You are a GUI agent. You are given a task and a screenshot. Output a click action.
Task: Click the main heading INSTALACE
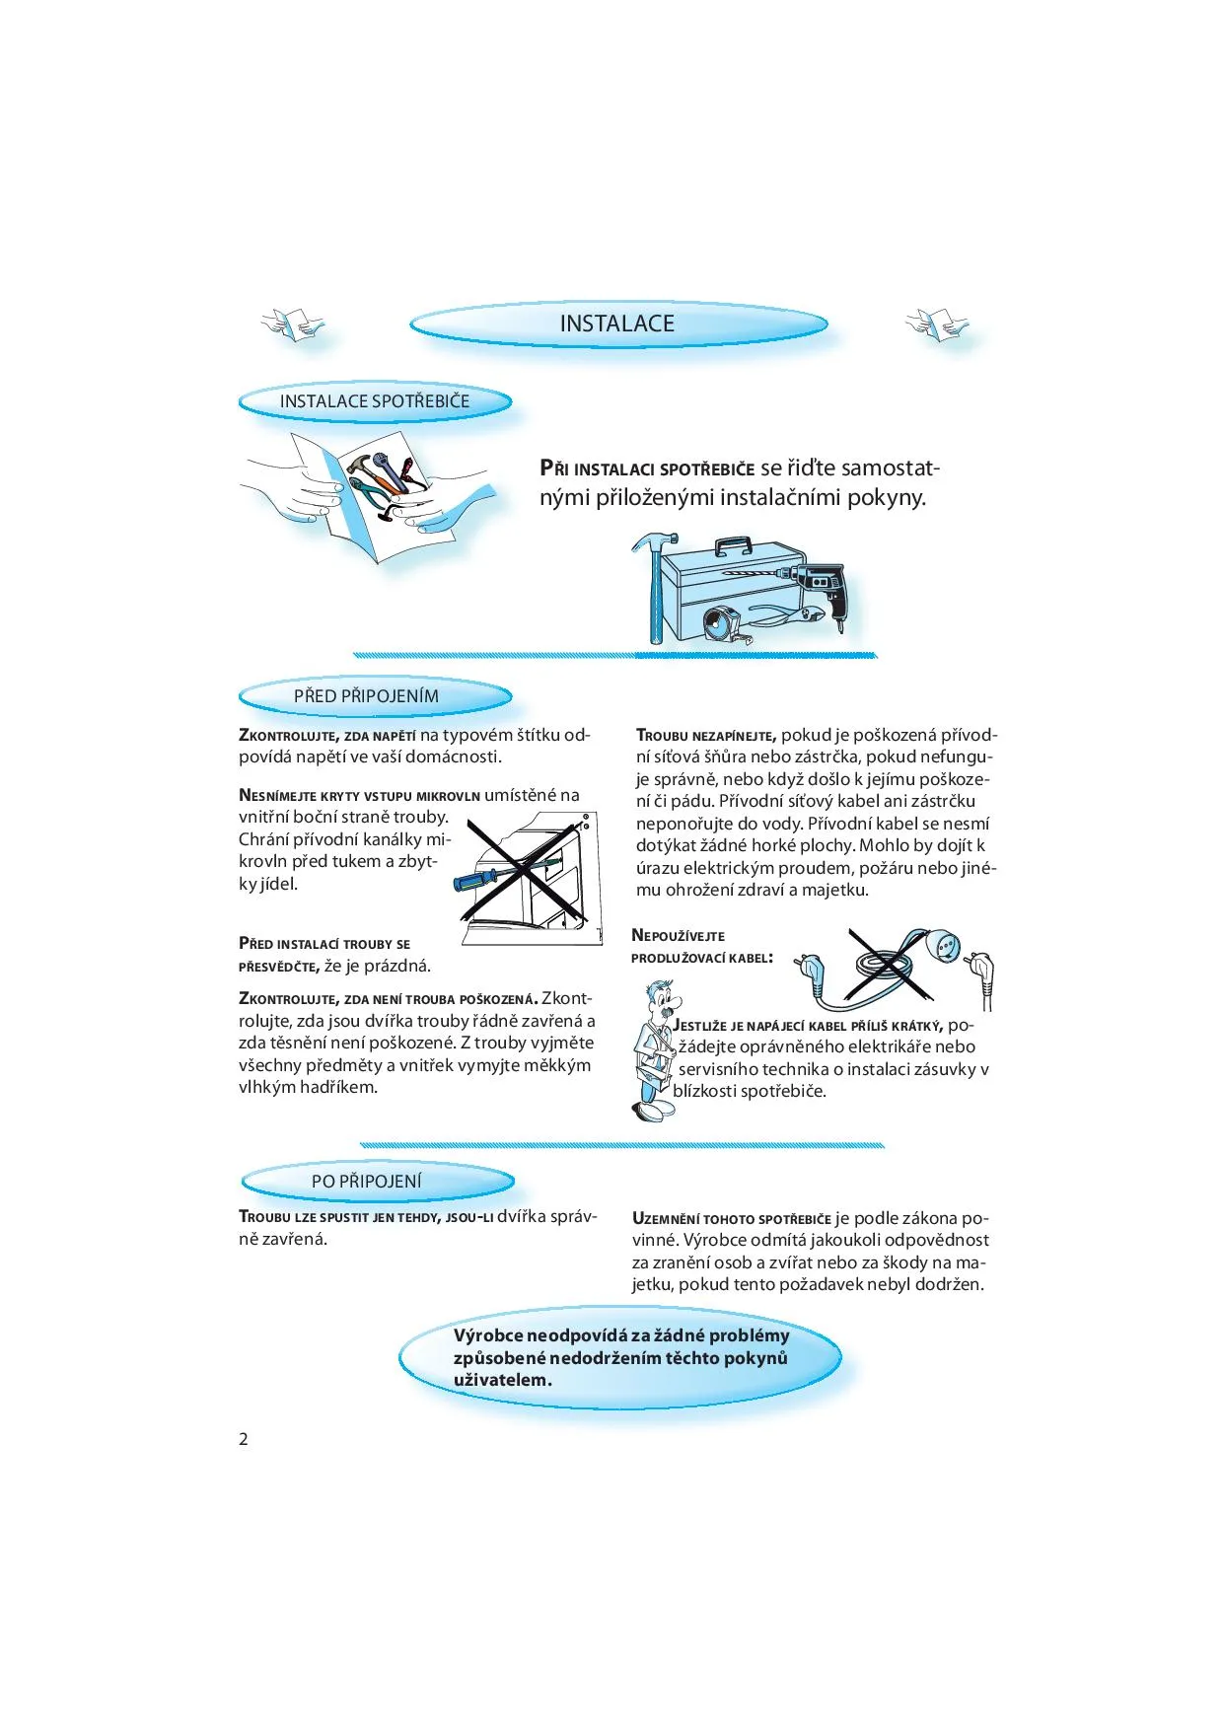pyautogui.click(x=617, y=324)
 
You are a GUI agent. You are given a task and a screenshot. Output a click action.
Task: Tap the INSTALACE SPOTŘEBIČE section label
pyautogui.click(x=375, y=401)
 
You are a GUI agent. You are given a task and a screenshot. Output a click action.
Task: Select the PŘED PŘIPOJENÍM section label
pyautogui.click(x=366, y=696)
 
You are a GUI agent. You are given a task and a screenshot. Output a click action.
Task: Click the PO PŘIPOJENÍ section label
pyautogui.click(x=366, y=1182)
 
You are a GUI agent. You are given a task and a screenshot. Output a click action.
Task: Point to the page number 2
pyautogui.click(x=244, y=1439)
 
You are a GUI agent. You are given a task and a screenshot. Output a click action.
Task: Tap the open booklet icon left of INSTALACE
pyautogui.click(x=292, y=324)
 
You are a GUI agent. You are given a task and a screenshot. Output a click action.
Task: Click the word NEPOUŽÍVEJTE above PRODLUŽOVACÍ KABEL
pyautogui.click(x=678, y=936)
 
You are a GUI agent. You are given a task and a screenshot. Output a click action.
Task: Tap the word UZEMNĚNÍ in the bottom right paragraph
pyautogui.click(x=666, y=1219)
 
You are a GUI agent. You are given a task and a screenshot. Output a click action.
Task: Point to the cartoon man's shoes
pyautogui.click(x=655, y=1111)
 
